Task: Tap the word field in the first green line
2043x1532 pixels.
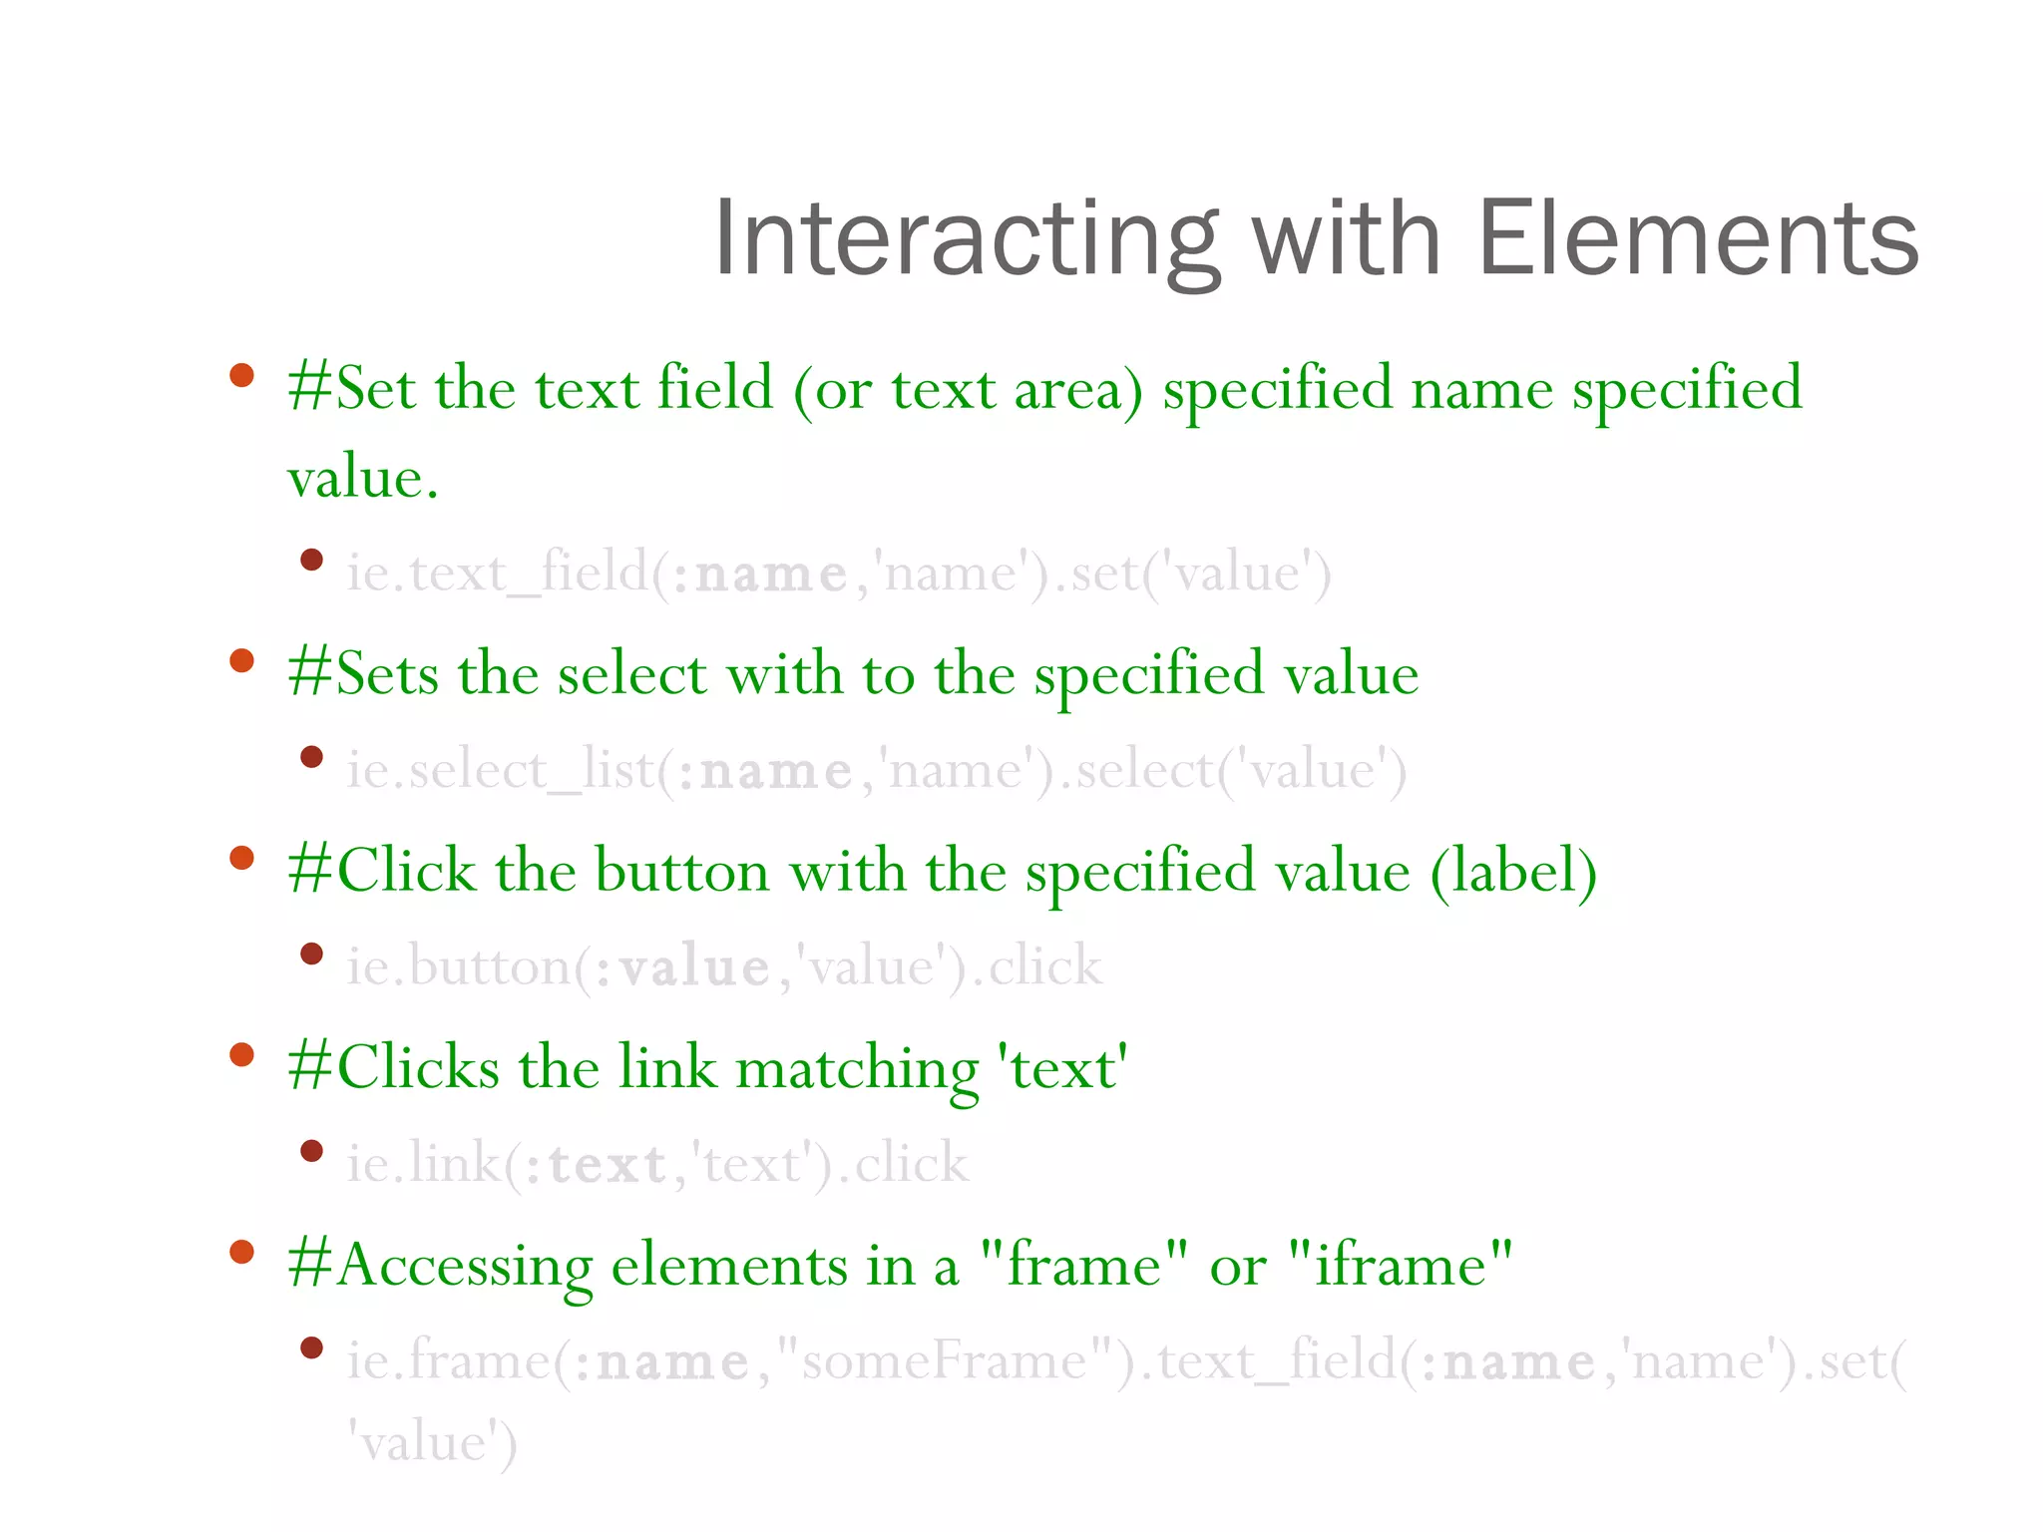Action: pyautogui.click(x=715, y=388)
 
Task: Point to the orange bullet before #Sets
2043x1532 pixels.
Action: pyautogui.click(x=241, y=661)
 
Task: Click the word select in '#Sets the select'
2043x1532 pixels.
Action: pyautogui.click(x=631, y=674)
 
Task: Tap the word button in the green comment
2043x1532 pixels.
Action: pyautogui.click(x=681, y=871)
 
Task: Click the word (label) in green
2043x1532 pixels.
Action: pyautogui.click(x=1513, y=871)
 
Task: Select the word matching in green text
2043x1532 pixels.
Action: pyautogui.click(x=858, y=1068)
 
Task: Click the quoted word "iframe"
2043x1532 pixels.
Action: pyautogui.click(x=1401, y=1265)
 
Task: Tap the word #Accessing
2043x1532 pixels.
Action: pyautogui.click(x=439, y=1265)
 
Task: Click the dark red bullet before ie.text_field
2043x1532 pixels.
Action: pyautogui.click(x=312, y=560)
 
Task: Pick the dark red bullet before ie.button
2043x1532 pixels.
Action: pyautogui.click(x=312, y=954)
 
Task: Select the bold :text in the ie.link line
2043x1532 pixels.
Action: pyautogui.click(x=596, y=1164)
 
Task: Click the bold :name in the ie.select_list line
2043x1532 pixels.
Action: pyautogui.click(x=764, y=771)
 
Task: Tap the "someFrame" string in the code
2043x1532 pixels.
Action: pyautogui.click(x=944, y=1361)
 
